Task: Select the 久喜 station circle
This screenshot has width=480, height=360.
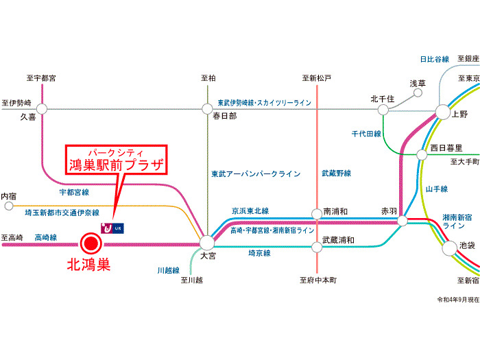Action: [42, 108]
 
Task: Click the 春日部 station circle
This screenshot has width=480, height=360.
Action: [207, 108]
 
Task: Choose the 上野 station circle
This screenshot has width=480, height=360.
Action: [442, 112]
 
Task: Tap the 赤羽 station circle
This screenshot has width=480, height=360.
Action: [403, 221]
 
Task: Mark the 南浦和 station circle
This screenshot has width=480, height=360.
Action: [316, 213]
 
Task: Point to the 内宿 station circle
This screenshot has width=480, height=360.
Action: [8, 205]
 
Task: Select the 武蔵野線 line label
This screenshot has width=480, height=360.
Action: [336, 174]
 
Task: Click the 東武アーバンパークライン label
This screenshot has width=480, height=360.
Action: [255, 174]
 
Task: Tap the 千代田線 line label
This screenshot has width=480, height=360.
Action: [366, 134]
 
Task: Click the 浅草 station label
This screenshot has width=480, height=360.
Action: [418, 83]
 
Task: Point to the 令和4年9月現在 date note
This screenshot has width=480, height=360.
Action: [458, 300]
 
